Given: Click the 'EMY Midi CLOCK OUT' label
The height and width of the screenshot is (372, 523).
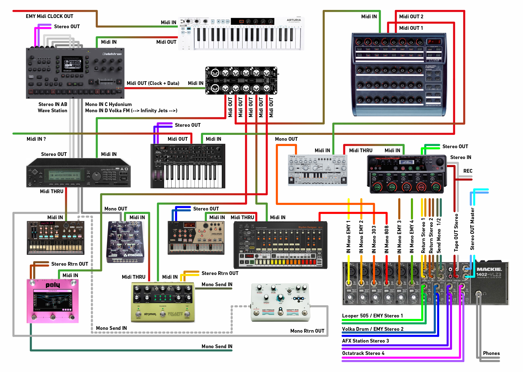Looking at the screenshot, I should point(50,16).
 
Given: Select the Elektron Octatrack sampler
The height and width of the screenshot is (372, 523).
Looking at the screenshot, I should point(75,73).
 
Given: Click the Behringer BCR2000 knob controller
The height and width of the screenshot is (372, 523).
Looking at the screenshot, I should point(399,74).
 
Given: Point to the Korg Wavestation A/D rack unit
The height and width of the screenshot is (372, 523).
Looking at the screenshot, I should point(78,173).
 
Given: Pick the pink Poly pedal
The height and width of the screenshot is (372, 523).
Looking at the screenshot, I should point(53,301).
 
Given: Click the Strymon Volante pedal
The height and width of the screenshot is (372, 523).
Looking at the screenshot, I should point(163,302).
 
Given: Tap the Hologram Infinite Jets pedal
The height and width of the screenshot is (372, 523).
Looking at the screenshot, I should point(280,303).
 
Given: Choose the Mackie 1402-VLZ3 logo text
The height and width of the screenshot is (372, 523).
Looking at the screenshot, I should point(489,272).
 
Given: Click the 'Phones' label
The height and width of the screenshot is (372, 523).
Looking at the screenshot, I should point(491,353).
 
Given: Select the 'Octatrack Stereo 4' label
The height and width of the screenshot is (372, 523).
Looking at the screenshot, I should point(363,353).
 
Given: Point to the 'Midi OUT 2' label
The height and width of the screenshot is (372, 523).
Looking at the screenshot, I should point(411,16).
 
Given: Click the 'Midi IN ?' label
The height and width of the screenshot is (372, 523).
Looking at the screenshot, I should point(36,139).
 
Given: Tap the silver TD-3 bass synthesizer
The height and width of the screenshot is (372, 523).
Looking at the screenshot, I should point(318,170).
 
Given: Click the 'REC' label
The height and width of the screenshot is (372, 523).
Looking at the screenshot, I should point(468,171).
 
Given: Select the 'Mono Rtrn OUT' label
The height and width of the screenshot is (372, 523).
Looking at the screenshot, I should point(307,331).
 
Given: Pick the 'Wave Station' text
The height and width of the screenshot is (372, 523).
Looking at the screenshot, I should point(52,111).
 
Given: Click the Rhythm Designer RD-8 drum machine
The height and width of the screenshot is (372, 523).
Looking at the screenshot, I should point(280,245).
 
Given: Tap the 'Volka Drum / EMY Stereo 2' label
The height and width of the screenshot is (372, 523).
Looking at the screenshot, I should point(373,329).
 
